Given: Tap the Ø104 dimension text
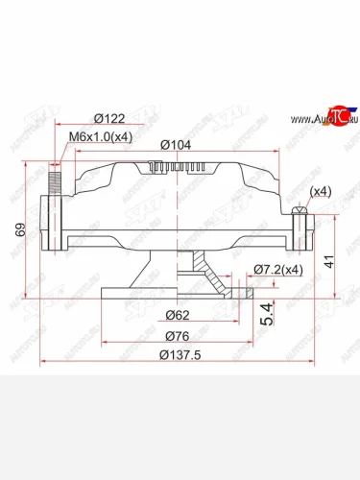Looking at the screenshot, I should tap(173, 143).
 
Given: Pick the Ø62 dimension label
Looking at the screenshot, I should tap(175, 314).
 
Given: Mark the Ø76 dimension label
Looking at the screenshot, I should tap(175, 335).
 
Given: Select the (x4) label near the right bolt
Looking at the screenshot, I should tap(321, 191).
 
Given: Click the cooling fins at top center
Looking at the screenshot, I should tap(180, 168).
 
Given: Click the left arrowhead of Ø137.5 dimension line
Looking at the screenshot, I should tap(42, 363).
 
